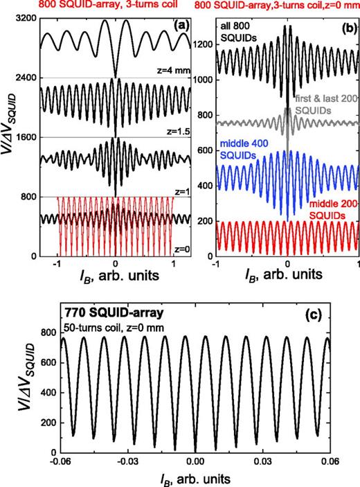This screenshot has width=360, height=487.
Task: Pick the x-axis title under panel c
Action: pos(195,478)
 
